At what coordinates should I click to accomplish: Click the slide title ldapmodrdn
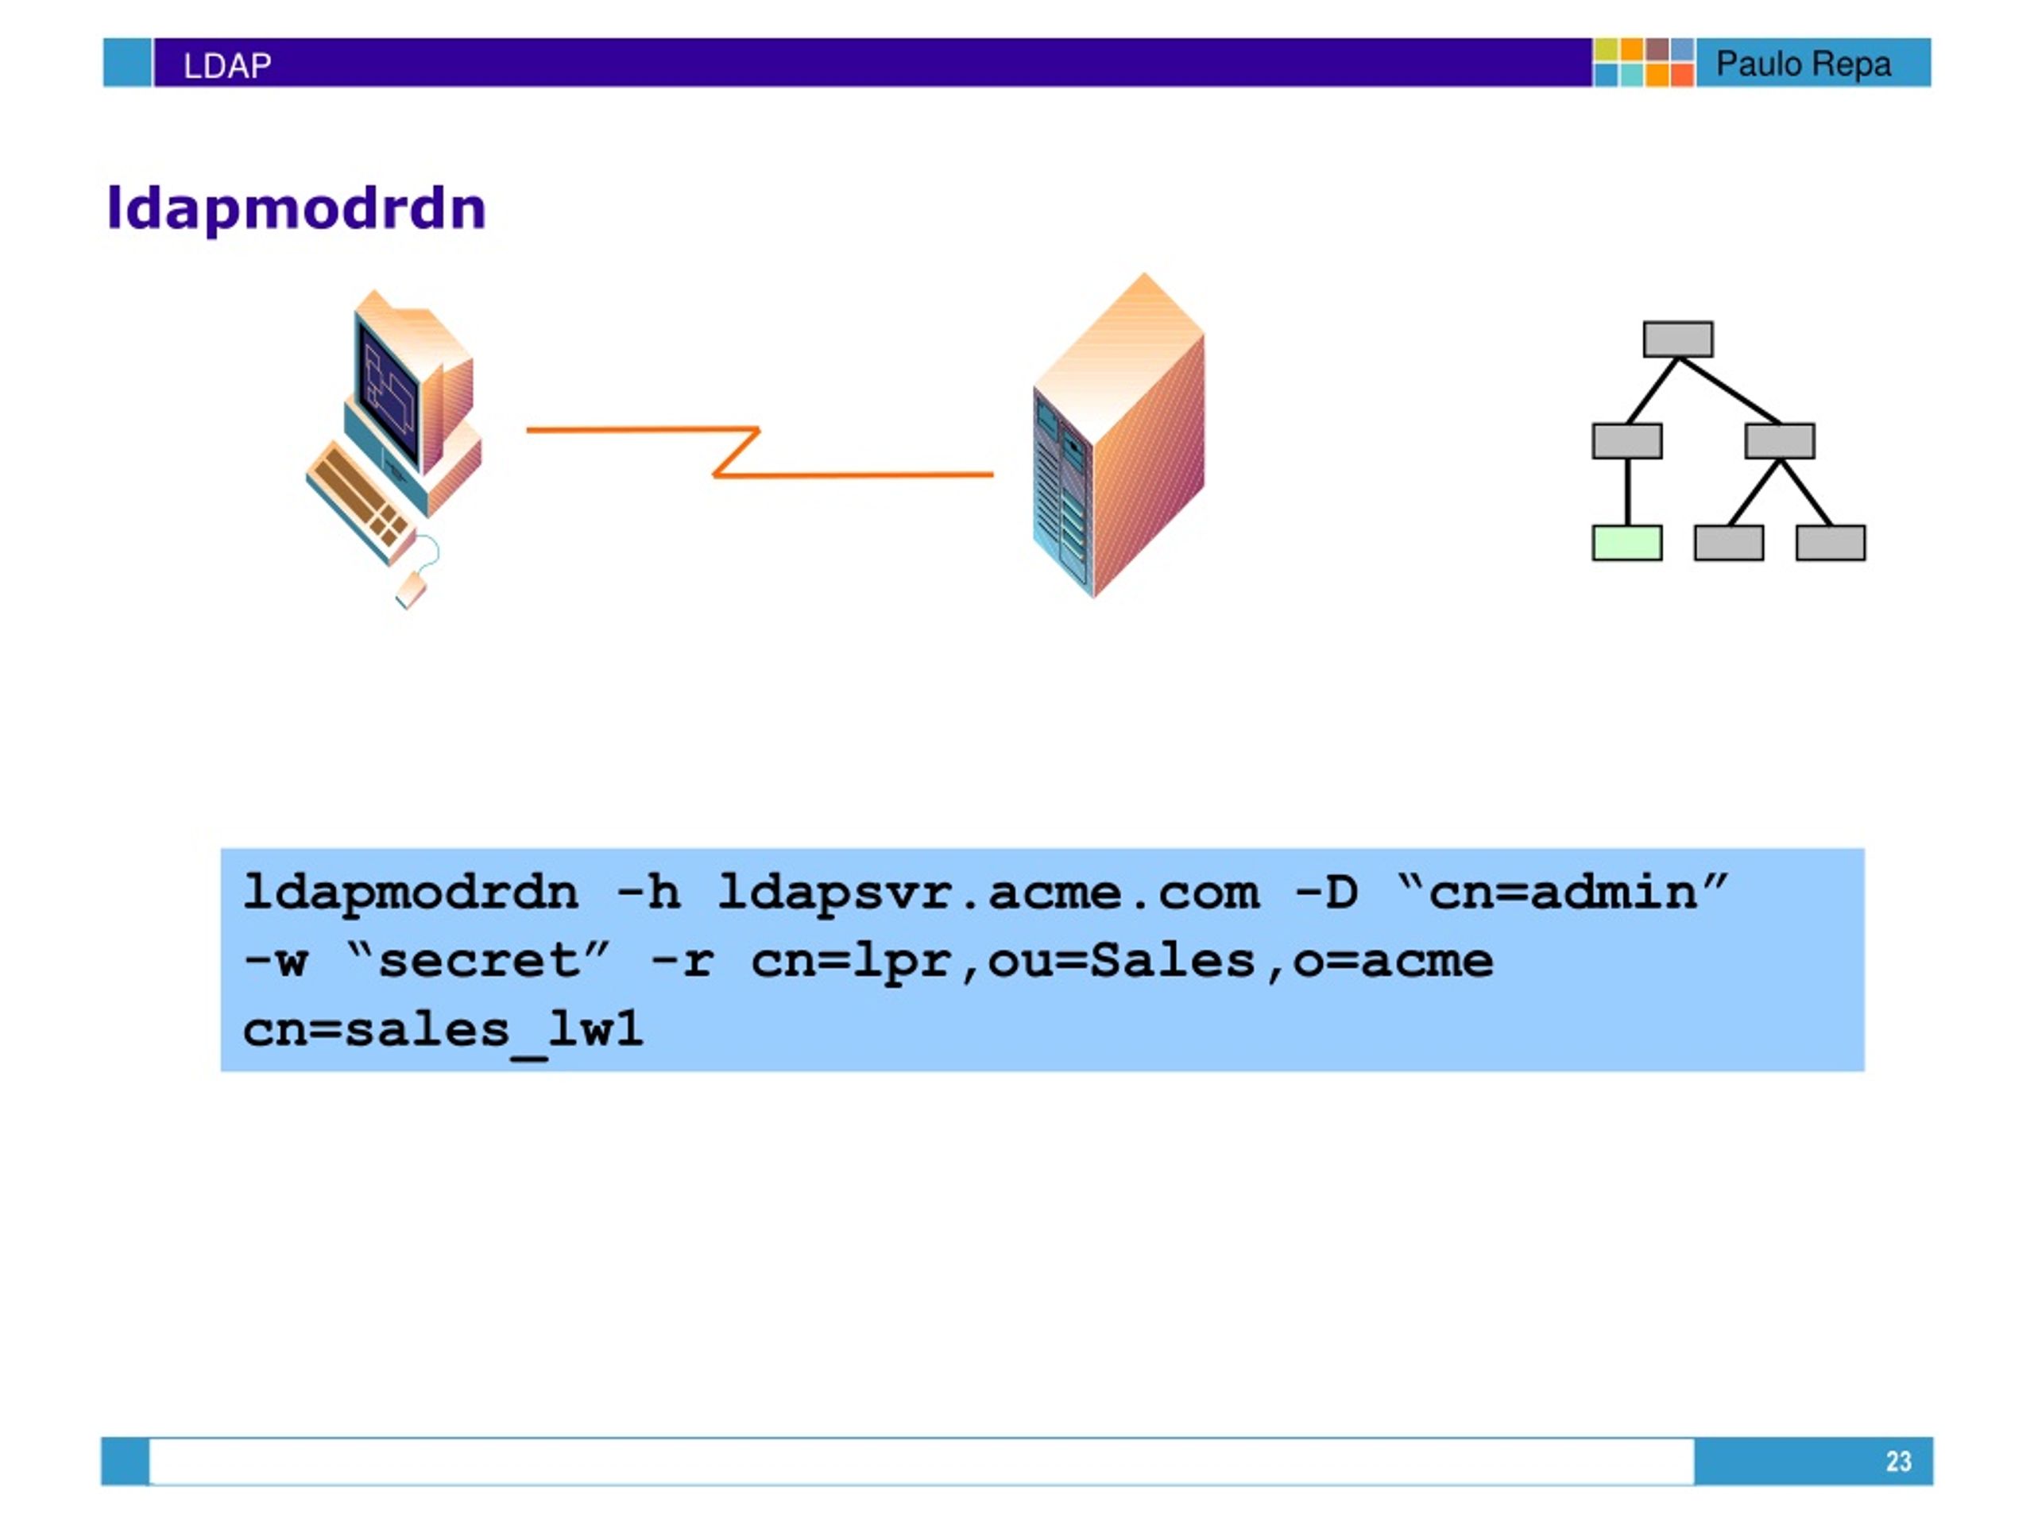[x=296, y=209]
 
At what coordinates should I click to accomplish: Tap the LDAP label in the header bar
[x=227, y=65]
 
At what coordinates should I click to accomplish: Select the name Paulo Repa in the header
[x=1804, y=64]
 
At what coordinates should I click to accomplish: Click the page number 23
[x=1898, y=1462]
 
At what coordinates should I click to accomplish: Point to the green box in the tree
[x=1626, y=543]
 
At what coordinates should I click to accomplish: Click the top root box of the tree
[x=1678, y=339]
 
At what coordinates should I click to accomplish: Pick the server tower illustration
[x=1118, y=435]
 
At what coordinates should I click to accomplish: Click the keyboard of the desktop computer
[x=360, y=502]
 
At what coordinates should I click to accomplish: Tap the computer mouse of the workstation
[x=411, y=590]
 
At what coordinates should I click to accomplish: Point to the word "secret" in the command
[x=478, y=961]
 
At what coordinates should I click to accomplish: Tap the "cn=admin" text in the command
[x=1562, y=893]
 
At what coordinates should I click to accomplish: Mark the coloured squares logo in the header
[x=1643, y=63]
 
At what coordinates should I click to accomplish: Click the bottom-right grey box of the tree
[x=1831, y=543]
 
